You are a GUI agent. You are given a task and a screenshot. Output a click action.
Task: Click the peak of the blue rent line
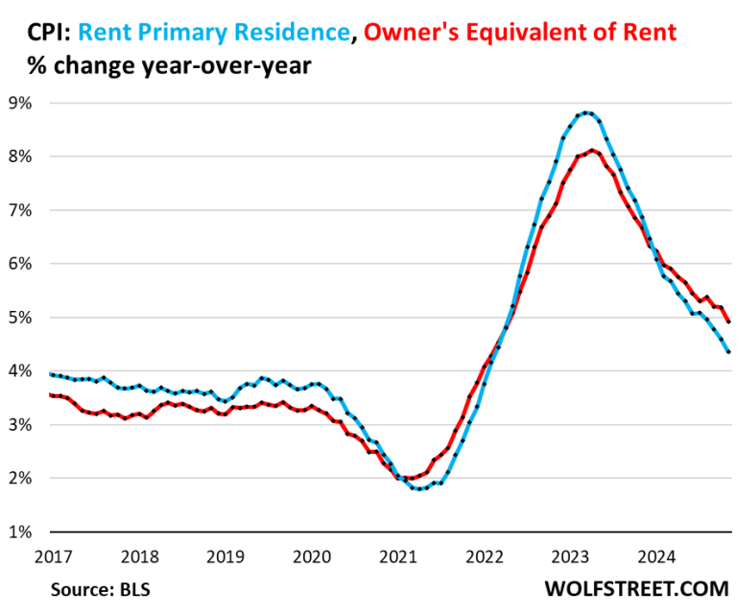[586, 112]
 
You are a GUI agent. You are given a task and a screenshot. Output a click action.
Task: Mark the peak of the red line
[592, 150]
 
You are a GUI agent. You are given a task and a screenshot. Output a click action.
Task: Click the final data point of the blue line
[728, 352]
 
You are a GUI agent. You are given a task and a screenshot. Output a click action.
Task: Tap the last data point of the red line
[728, 321]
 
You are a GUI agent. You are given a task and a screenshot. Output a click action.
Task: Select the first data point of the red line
[50, 394]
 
